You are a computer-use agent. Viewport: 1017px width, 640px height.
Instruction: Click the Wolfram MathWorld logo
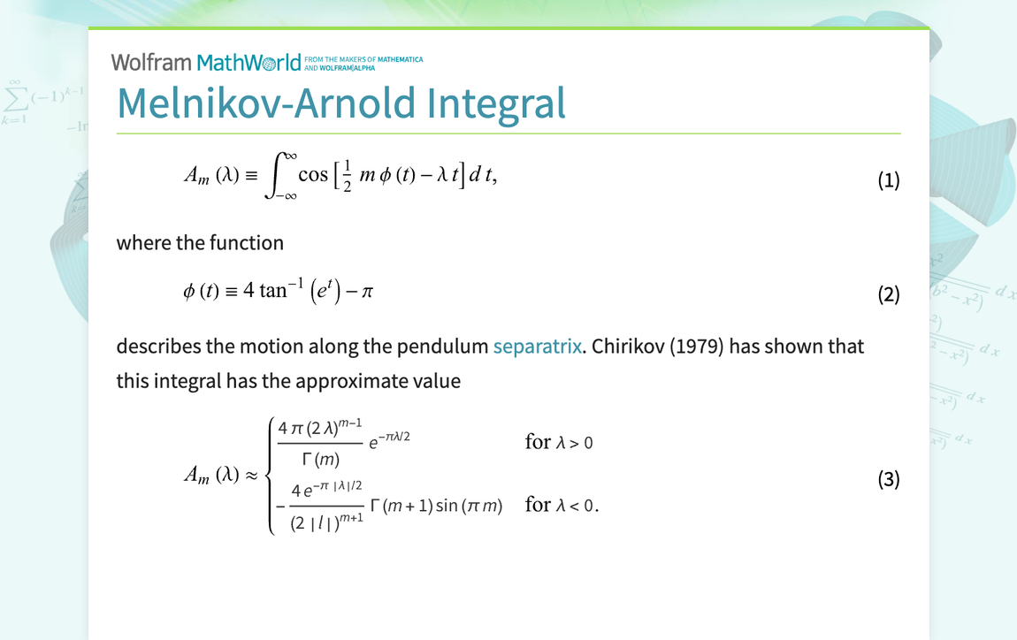click(x=206, y=63)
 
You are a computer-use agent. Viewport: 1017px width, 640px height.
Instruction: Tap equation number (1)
click(x=888, y=181)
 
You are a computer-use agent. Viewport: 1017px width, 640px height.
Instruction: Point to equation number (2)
click(x=888, y=293)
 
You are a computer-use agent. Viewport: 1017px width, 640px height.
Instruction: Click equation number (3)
click(x=888, y=479)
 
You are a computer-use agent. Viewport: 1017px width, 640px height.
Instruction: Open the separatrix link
click(x=537, y=346)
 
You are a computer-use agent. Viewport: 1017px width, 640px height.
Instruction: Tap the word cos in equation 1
click(x=313, y=174)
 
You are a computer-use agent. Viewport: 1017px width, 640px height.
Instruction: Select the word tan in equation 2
click(x=273, y=290)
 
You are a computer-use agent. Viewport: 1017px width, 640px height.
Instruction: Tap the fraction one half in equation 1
click(x=348, y=174)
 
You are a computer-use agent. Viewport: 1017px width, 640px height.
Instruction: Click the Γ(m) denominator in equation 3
click(x=320, y=460)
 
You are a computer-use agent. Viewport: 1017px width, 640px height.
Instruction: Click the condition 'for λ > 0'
click(x=559, y=442)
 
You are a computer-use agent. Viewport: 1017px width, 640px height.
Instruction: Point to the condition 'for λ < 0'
click(x=562, y=506)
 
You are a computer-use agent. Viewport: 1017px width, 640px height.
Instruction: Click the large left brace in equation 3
click(x=270, y=477)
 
